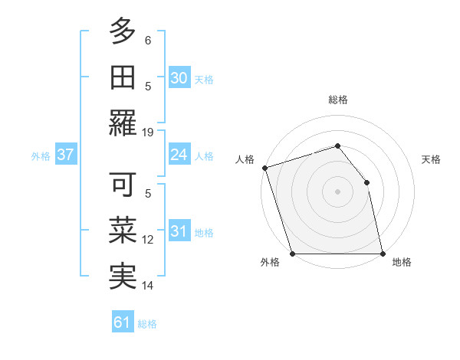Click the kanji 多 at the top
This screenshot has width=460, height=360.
(x=123, y=33)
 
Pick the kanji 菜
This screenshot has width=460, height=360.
(x=123, y=231)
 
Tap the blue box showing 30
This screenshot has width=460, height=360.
(x=179, y=78)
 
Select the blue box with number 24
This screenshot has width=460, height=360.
(x=179, y=155)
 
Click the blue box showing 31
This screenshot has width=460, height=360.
(x=179, y=231)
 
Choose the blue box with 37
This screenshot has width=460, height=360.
(x=66, y=155)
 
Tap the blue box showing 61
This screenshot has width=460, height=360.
(x=123, y=322)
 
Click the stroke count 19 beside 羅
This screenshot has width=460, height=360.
(x=148, y=132)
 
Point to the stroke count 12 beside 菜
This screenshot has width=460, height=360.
(x=148, y=240)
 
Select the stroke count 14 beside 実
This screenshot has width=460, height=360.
(x=148, y=285)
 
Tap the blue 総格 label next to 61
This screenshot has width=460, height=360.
(x=148, y=324)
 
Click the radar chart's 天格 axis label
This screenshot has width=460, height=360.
(x=432, y=159)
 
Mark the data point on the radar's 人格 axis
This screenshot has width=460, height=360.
(x=264, y=168)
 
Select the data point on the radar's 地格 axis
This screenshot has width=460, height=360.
(x=383, y=254)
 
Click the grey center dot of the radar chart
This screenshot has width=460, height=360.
(x=337, y=191)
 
